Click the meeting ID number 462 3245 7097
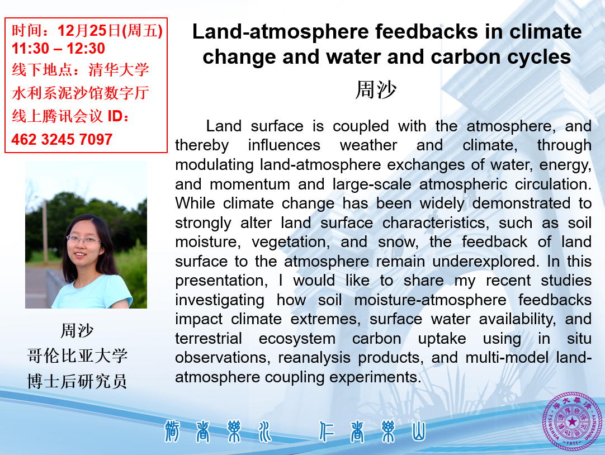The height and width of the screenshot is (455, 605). (x=62, y=139)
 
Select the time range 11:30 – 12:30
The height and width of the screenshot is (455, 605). (x=58, y=48)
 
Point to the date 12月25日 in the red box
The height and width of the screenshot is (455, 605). (x=89, y=30)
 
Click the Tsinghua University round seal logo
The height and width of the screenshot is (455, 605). (x=573, y=421)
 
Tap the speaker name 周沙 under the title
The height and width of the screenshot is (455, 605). (x=376, y=90)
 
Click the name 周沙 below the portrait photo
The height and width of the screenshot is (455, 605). (x=77, y=330)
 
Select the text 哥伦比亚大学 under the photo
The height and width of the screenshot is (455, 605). (x=77, y=356)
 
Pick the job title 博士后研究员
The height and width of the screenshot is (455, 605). (x=77, y=381)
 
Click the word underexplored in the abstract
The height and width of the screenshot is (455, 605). (x=485, y=262)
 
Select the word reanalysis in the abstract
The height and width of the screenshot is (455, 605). (x=314, y=358)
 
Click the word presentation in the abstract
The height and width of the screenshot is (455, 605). (x=221, y=281)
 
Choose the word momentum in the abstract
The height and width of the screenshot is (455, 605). (x=249, y=184)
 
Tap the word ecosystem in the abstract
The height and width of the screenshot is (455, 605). (x=297, y=339)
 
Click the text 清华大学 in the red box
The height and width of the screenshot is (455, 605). (x=119, y=70)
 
